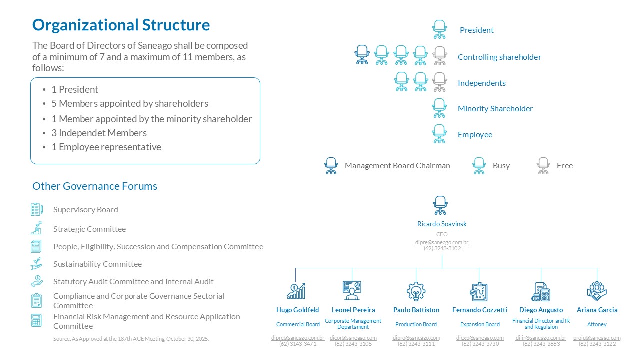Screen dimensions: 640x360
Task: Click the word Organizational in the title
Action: click(x=85, y=25)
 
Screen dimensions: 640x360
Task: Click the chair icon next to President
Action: click(x=439, y=29)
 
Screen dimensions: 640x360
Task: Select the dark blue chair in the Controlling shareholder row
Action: click(x=362, y=55)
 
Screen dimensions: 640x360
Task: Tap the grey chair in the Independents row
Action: click(x=439, y=82)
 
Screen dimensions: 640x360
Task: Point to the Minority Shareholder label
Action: click(x=495, y=109)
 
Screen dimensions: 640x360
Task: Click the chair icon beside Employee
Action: click(x=439, y=134)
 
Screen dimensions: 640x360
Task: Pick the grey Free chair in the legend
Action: click(x=543, y=166)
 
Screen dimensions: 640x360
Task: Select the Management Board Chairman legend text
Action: click(x=397, y=165)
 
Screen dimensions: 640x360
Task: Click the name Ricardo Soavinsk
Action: click(x=442, y=224)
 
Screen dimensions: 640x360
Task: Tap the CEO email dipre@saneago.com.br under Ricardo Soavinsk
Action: click(x=442, y=242)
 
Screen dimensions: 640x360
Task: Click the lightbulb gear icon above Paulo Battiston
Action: click(x=416, y=291)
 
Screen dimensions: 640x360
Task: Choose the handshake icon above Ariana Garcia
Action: click(x=597, y=291)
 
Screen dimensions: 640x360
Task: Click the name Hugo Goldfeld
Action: click(x=297, y=310)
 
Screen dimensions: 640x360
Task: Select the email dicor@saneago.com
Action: click(x=353, y=338)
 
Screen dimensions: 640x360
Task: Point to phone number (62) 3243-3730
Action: click(x=480, y=344)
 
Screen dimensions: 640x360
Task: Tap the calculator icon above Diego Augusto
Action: click(x=541, y=292)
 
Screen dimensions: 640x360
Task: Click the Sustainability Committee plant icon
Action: click(x=37, y=264)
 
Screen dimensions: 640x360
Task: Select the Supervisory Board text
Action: click(x=85, y=209)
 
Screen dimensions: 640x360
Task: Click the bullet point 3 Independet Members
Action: click(x=99, y=133)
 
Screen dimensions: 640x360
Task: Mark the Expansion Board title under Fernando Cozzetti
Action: click(x=480, y=324)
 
